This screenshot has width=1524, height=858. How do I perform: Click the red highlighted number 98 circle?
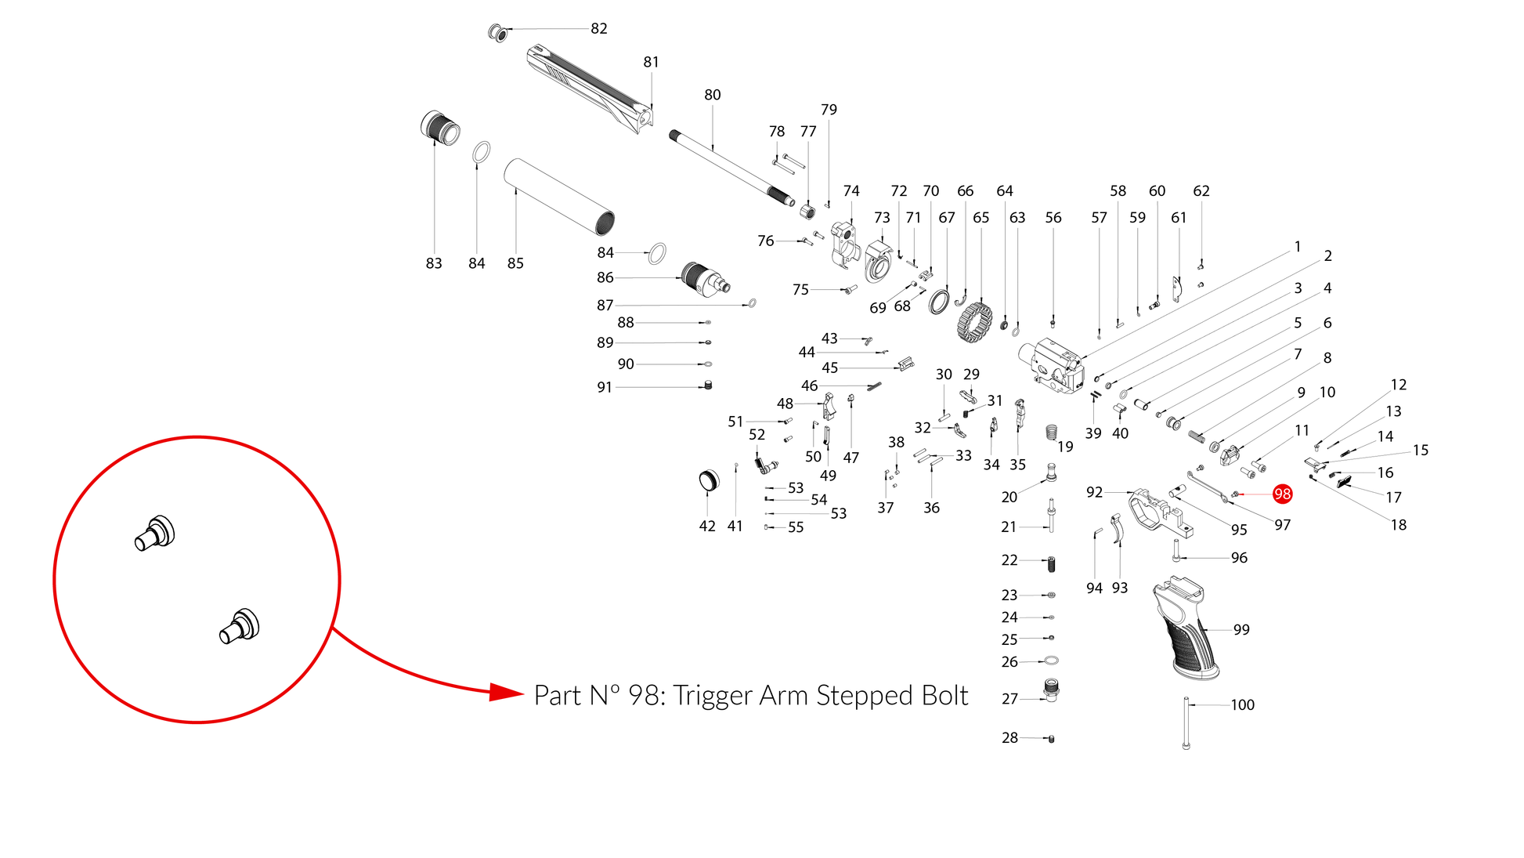click(x=1282, y=494)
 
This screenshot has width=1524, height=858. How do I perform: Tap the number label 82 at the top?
click(x=599, y=28)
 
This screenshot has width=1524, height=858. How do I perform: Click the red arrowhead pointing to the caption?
click(x=506, y=693)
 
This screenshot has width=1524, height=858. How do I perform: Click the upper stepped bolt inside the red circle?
click(x=155, y=534)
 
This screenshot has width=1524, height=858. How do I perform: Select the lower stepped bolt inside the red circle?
click(x=240, y=626)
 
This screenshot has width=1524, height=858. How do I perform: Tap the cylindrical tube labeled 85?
click(x=559, y=197)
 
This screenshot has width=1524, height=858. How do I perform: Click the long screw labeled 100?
click(x=1186, y=722)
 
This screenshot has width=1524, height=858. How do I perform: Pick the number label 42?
click(x=707, y=527)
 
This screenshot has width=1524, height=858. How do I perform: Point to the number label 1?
click(x=1298, y=247)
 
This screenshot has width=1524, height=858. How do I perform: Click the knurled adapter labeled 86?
click(x=705, y=279)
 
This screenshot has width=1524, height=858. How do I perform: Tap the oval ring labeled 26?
click(x=1052, y=661)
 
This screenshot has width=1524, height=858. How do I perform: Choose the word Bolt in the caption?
click(x=944, y=696)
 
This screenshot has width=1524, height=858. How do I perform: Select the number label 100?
click(x=1242, y=705)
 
